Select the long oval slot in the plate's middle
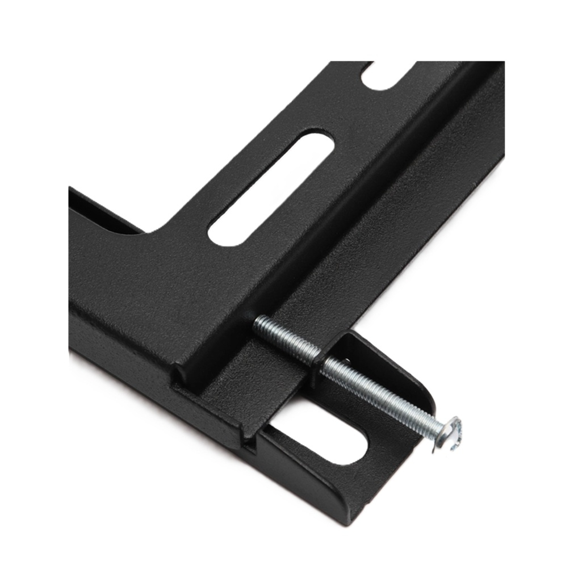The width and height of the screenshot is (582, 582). [271, 189]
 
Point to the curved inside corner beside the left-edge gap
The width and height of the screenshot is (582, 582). [156, 230]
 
